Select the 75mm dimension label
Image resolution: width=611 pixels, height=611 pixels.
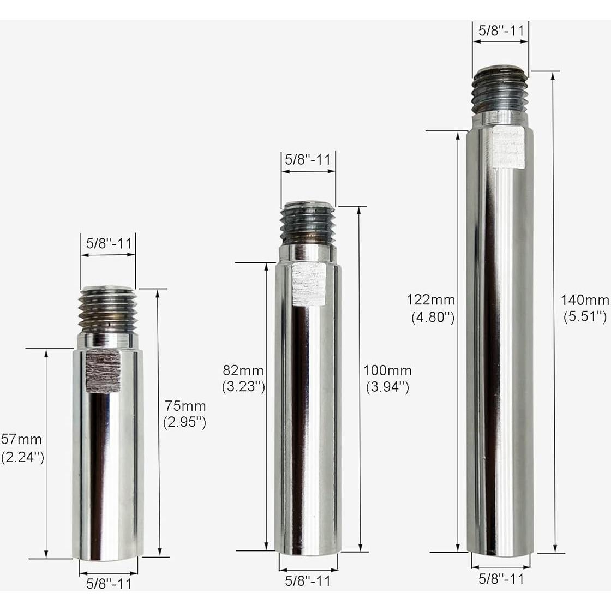[x=185, y=406]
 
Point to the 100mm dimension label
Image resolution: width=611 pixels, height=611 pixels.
[x=387, y=370]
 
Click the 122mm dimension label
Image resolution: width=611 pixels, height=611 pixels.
[x=431, y=299]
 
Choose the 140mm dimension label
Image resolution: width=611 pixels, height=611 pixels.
[x=584, y=299]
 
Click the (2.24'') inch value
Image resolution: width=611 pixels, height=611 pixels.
[x=22, y=457]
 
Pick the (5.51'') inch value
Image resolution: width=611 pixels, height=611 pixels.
[x=584, y=316]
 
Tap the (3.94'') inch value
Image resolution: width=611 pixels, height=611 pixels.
[x=387, y=387]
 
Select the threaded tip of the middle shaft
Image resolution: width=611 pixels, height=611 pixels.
[x=307, y=224]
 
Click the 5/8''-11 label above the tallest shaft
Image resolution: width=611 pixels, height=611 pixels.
[x=501, y=31]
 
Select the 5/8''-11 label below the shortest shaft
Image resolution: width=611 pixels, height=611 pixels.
[x=109, y=583]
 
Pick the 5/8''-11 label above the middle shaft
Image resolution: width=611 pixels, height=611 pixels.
[x=308, y=160]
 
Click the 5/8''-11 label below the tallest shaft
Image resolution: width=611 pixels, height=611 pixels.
[x=501, y=579]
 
